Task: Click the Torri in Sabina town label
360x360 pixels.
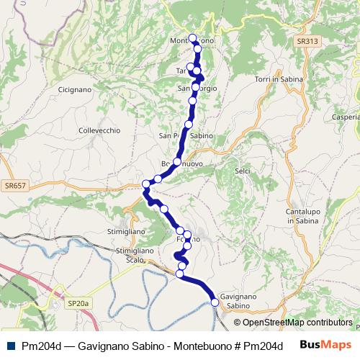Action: (x=279, y=78)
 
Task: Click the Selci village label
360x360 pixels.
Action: (x=242, y=171)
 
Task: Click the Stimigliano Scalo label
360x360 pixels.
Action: (x=135, y=256)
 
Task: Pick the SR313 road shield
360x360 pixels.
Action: (x=305, y=43)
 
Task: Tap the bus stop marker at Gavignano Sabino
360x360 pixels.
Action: (x=215, y=302)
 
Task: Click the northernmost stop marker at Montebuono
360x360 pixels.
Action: (x=192, y=38)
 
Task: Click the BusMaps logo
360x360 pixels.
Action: (x=326, y=345)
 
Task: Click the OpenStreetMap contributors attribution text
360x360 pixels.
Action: (x=297, y=323)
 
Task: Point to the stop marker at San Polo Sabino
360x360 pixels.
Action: (x=189, y=125)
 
